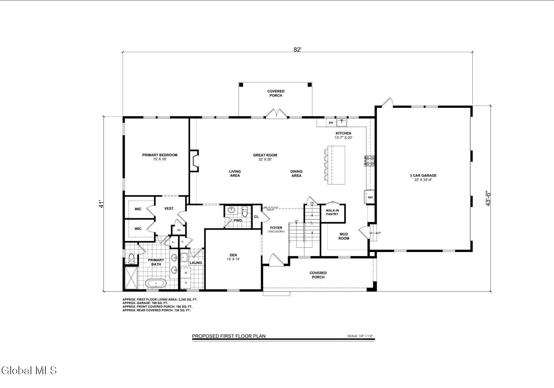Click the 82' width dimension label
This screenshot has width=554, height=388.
tap(297, 49)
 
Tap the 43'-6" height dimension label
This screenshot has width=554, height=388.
tap(488, 199)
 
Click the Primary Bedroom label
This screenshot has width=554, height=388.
tap(160, 155)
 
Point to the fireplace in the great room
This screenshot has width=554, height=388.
tap(194, 161)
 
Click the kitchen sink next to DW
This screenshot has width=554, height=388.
tap(341, 123)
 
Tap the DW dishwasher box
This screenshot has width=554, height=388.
tap(331, 123)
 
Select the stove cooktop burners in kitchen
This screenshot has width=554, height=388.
tap(369, 161)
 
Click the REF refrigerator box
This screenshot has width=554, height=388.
tap(370, 197)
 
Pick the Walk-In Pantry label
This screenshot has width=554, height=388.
tap(332, 212)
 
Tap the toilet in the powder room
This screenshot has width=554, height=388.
tap(245, 212)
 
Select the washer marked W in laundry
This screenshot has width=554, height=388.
tap(185, 273)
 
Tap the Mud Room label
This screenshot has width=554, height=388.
tap(344, 236)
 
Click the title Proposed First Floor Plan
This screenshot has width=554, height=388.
tap(229, 336)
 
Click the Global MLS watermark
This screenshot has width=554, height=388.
tap(29, 371)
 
